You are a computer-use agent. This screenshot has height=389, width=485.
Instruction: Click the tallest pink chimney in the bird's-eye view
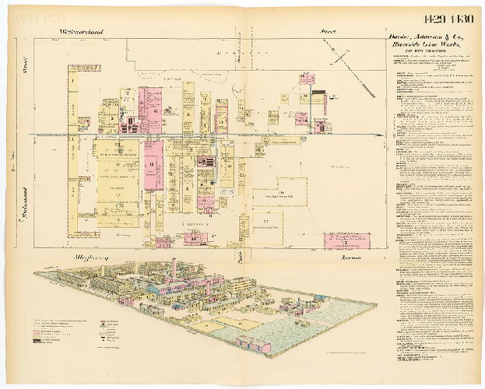(x=174, y=268)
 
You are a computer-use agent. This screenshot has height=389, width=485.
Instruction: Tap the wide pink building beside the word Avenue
(x=346, y=240)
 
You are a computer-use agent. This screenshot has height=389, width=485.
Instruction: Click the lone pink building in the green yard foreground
(x=254, y=344)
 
